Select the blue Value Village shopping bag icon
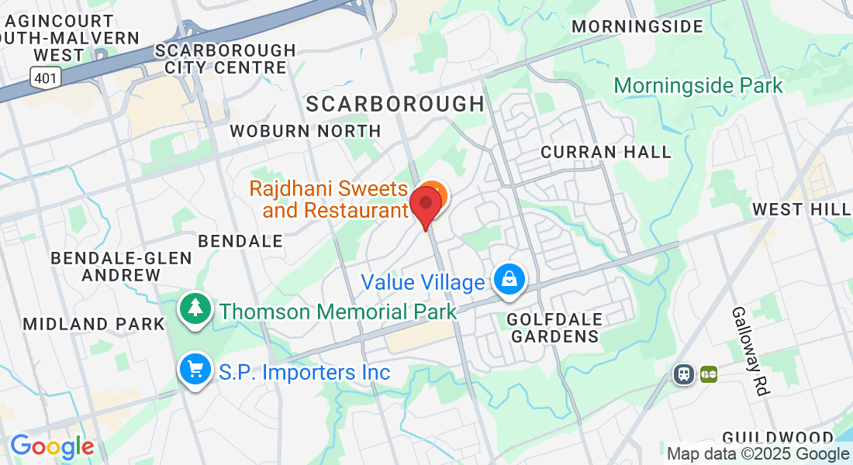[510, 280]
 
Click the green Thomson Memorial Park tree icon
[195, 308]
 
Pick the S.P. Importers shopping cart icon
[195, 370]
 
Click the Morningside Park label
[698, 85]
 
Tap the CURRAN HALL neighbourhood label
[606, 152]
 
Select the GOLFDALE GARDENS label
[553, 328]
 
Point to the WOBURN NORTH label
[306, 131]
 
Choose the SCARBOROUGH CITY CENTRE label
[225, 59]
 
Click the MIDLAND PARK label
[94, 324]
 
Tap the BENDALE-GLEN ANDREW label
[121, 266]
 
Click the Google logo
[52, 446]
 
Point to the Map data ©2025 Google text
[758, 454]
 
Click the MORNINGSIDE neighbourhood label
[637, 26]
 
